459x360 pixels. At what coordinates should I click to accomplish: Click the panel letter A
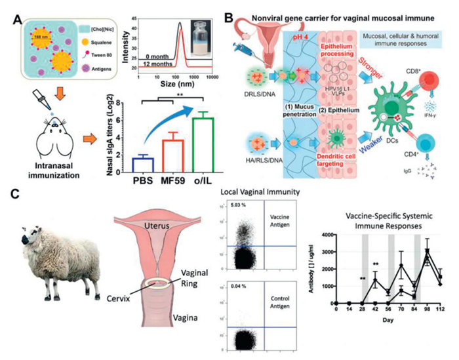coord(10,9)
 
